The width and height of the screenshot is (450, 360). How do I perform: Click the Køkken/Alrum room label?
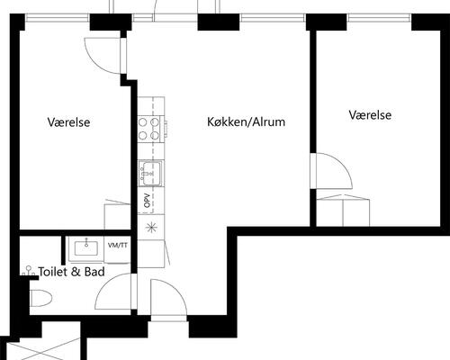[246, 121]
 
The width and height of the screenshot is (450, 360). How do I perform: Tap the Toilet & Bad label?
[72, 272]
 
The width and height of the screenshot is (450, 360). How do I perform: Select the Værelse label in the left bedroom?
[68, 122]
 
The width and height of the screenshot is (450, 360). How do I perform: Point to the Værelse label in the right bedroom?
[370, 115]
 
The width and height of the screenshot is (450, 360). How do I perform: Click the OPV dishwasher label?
[147, 201]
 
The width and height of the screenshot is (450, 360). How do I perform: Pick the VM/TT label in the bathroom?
[118, 246]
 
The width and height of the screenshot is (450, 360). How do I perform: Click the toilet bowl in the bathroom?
[40, 298]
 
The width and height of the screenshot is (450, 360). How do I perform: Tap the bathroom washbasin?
[86, 248]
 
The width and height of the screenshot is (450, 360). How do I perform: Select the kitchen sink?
[151, 173]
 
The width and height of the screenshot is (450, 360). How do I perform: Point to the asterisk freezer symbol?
[151, 228]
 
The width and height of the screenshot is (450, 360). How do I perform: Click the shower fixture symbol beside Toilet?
[29, 271]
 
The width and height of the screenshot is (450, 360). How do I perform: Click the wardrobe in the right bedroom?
[343, 211]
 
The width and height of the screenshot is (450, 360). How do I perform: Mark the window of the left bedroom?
[58, 18]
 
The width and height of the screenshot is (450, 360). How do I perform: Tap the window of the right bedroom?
[379, 18]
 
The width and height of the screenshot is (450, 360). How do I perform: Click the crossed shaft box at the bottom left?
[43, 349]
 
